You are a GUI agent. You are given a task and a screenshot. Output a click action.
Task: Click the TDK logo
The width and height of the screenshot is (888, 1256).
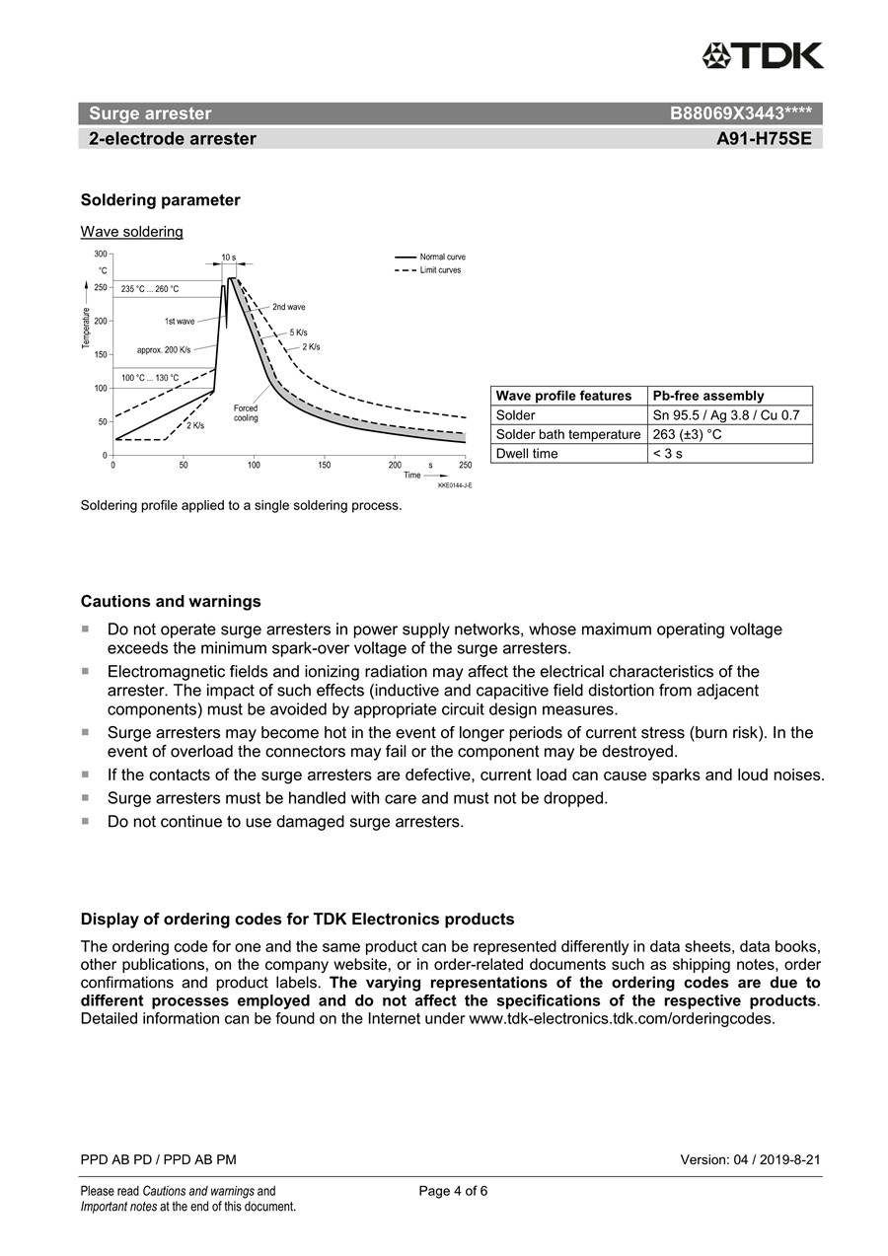click(763, 55)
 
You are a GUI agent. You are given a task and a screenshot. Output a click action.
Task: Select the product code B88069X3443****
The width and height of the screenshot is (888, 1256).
click(740, 113)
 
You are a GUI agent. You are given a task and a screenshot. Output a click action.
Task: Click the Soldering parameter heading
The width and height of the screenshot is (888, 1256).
click(160, 200)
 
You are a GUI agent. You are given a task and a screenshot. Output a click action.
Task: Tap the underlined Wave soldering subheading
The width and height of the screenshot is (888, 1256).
click(131, 232)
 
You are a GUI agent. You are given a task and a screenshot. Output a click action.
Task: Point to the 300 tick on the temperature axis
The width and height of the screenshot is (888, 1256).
click(102, 254)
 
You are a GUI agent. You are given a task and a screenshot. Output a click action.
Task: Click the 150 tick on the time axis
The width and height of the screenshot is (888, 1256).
click(325, 464)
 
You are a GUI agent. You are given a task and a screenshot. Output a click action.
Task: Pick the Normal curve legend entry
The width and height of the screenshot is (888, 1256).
click(442, 257)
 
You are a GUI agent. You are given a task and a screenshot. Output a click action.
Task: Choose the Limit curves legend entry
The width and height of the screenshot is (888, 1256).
click(440, 269)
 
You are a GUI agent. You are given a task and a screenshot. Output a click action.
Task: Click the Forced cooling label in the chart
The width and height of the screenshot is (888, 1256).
click(246, 412)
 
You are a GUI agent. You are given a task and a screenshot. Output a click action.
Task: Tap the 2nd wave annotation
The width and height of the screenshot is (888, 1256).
click(288, 307)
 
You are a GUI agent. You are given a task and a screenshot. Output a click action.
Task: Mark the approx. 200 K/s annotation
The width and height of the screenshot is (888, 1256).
click(164, 350)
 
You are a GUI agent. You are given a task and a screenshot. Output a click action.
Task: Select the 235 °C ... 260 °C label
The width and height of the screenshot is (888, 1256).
click(150, 289)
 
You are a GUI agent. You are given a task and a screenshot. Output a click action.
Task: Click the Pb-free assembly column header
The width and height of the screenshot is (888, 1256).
click(708, 396)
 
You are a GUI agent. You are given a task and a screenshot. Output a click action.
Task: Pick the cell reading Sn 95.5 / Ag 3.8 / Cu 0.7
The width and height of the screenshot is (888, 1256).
click(726, 415)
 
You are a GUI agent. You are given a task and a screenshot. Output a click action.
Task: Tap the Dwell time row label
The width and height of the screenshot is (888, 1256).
click(527, 454)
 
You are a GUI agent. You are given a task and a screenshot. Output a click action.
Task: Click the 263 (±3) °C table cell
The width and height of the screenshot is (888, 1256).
click(688, 434)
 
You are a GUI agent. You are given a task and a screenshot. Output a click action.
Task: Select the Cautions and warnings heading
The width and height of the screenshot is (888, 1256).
click(171, 602)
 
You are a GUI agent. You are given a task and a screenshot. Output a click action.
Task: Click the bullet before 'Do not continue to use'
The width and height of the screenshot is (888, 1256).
click(85, 821)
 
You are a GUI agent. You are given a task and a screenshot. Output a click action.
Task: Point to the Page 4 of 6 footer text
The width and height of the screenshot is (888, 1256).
click(453, 1191)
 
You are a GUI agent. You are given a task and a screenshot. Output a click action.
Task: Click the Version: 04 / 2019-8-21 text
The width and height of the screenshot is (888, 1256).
click(750, 1159)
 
